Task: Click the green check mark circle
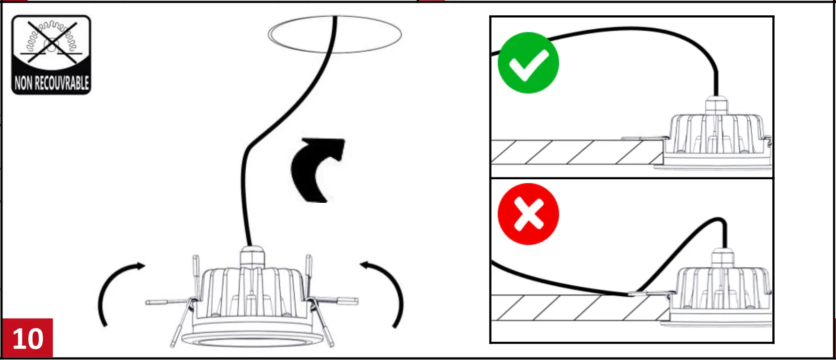click(528, 63)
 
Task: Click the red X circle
click(528, 214)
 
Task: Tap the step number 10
click(27, 338)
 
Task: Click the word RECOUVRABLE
click(62, 83)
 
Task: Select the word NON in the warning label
click(23, 83)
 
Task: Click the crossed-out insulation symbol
click(51, 42)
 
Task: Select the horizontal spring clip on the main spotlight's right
click(340, 301)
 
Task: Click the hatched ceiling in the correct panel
click(575, 152)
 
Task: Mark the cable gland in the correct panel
click(716, 105)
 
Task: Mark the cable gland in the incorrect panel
click(723, 259)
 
